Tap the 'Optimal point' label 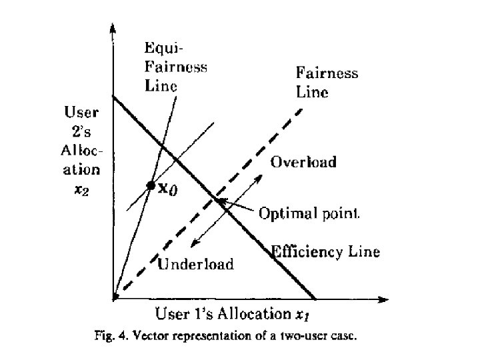pyautogui.click(x=309, y=213)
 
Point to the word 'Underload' pyautogui.click(x=196, y=265)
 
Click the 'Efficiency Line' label pyautogui.click(x=325, y=252)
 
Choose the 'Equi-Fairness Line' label pyautogui.click(x=175, y=67)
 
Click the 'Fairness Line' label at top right pyautogui.click(x=326, y=82)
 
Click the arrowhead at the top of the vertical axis pyautogui.click(x=113, y=28)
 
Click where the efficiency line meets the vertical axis pyautogui.click(x=113, y=97)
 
